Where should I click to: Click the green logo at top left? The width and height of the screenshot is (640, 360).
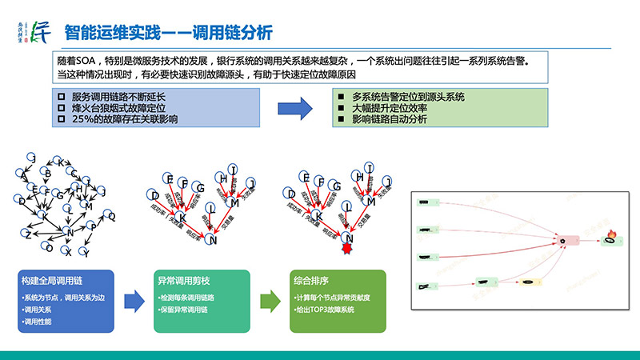point(37,31)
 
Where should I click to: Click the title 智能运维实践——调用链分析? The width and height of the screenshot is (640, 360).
point(168,33)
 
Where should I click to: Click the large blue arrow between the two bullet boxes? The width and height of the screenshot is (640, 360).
point(295,108)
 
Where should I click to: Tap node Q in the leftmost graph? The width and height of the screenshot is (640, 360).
point(113,216)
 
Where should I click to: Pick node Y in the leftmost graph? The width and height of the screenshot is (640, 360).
point(87,254)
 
